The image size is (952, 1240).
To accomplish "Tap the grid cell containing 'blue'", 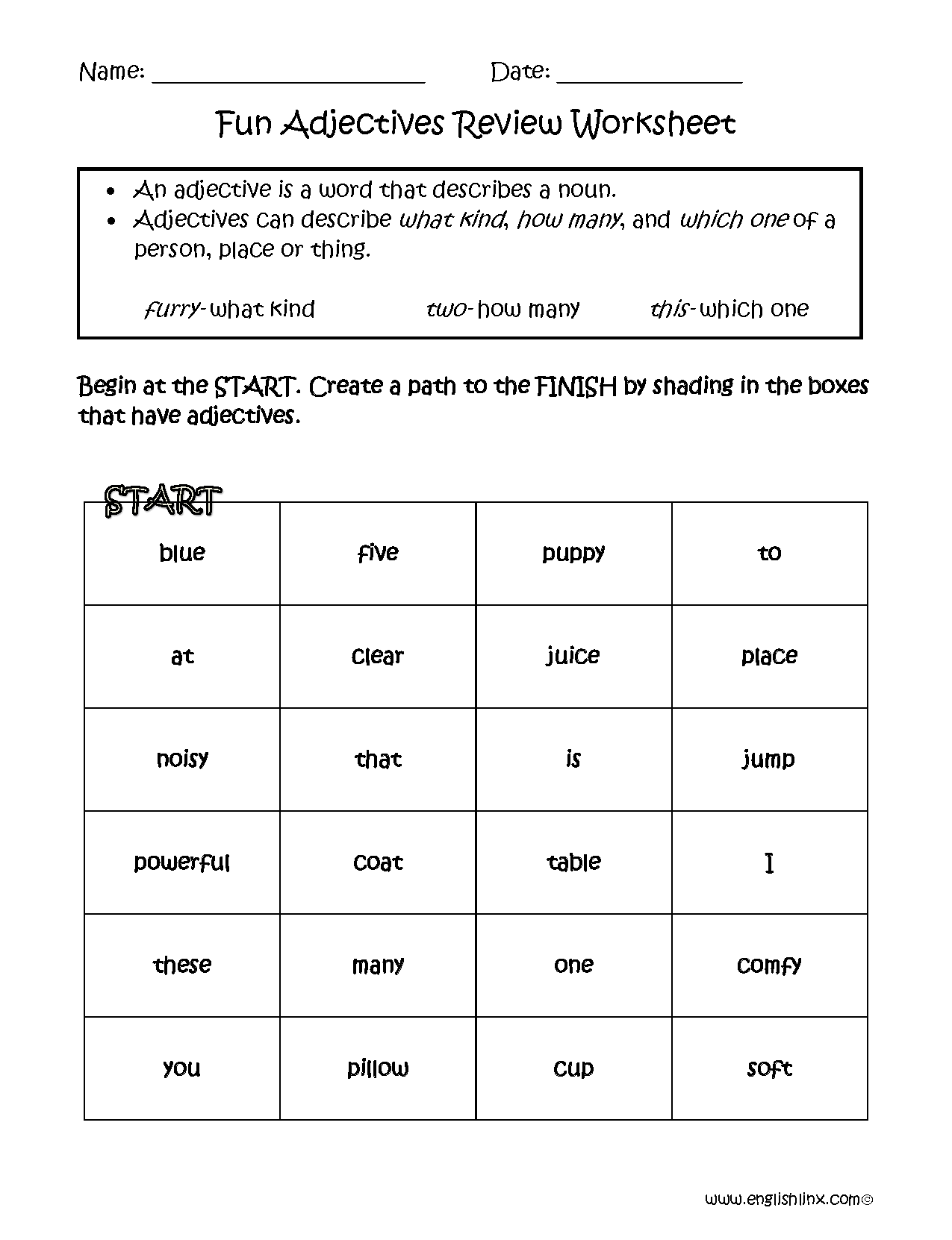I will coord(182,553).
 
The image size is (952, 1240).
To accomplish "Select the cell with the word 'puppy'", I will coord(573,553).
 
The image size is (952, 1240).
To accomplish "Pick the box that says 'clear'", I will coord(378,657).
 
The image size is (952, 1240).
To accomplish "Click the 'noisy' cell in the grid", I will coord(182,760).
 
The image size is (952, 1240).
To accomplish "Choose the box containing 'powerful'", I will coord(182,862).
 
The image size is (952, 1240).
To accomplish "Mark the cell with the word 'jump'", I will coord(769,760).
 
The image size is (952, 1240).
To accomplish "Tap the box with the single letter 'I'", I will coord(769,862).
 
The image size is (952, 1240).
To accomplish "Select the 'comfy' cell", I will coord(769,965).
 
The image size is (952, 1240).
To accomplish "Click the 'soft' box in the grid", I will coord(769,1068).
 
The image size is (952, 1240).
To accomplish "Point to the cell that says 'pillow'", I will coord(378,1068).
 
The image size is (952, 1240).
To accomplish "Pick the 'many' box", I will coord(378,965).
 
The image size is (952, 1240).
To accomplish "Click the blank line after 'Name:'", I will coord(288,75).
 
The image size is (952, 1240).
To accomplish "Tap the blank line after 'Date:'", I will coord(650,75).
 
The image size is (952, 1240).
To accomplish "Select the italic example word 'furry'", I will coord(172,309).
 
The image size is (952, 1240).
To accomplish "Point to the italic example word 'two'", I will coord(447,309).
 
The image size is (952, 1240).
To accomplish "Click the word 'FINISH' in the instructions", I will coord(576,386).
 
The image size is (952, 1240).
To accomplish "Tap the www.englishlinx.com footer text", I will coord(788,1200).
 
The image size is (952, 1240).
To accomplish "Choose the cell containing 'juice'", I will coord(573,657).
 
